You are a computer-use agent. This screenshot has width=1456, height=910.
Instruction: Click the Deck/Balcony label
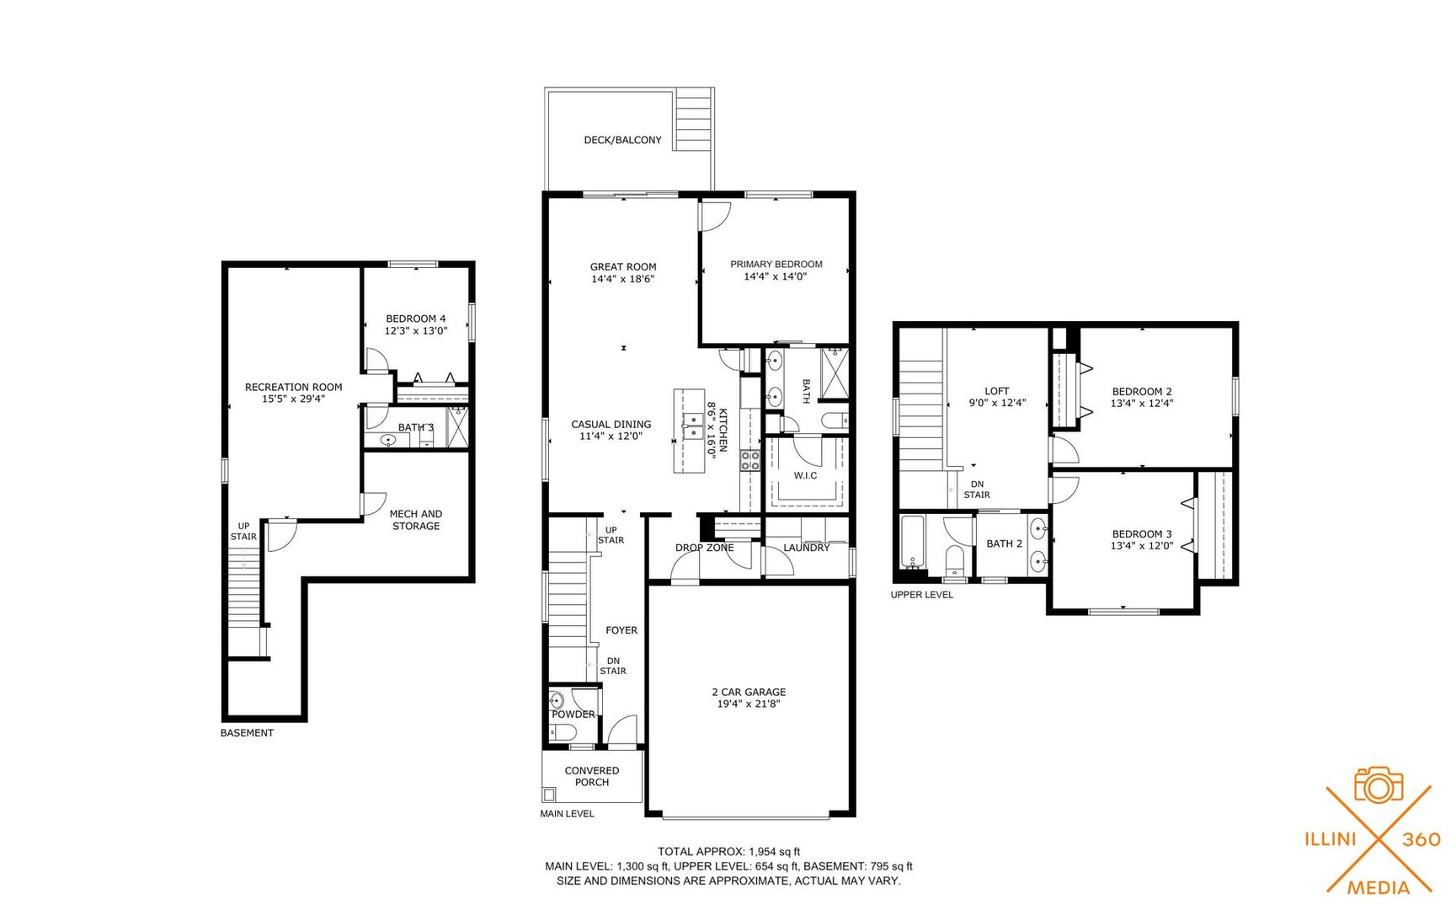click(622, 140)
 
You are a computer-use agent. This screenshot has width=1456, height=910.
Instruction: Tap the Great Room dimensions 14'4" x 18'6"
click(622, 279)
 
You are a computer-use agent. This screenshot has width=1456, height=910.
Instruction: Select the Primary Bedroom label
click(776, 264)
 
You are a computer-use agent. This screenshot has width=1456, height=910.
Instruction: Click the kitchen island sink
click(693, 426)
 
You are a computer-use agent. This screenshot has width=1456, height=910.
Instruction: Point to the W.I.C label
click(805, 475)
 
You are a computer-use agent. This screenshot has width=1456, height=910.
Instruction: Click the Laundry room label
click(806, 548)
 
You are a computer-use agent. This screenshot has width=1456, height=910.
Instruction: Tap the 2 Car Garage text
click(749, 692)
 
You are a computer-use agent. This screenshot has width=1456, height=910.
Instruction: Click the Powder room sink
click(556, 701)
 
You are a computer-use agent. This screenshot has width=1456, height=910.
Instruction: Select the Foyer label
click(621, 630)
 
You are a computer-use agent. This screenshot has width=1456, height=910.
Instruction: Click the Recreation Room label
click(293, 387)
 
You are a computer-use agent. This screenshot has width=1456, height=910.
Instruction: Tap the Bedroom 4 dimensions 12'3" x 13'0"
click(415, 331)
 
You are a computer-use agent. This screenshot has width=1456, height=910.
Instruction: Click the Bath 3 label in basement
click(415, 427)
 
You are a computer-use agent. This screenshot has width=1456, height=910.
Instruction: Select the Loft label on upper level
click(996, 391)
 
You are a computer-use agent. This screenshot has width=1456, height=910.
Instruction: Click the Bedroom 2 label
click(1141, 391)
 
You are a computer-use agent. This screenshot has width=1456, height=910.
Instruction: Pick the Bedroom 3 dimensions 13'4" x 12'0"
click(1141, 546)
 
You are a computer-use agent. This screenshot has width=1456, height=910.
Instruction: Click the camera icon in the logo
click(1378, 785)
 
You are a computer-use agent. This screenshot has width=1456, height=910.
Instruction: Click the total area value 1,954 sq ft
click(775, 852)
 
